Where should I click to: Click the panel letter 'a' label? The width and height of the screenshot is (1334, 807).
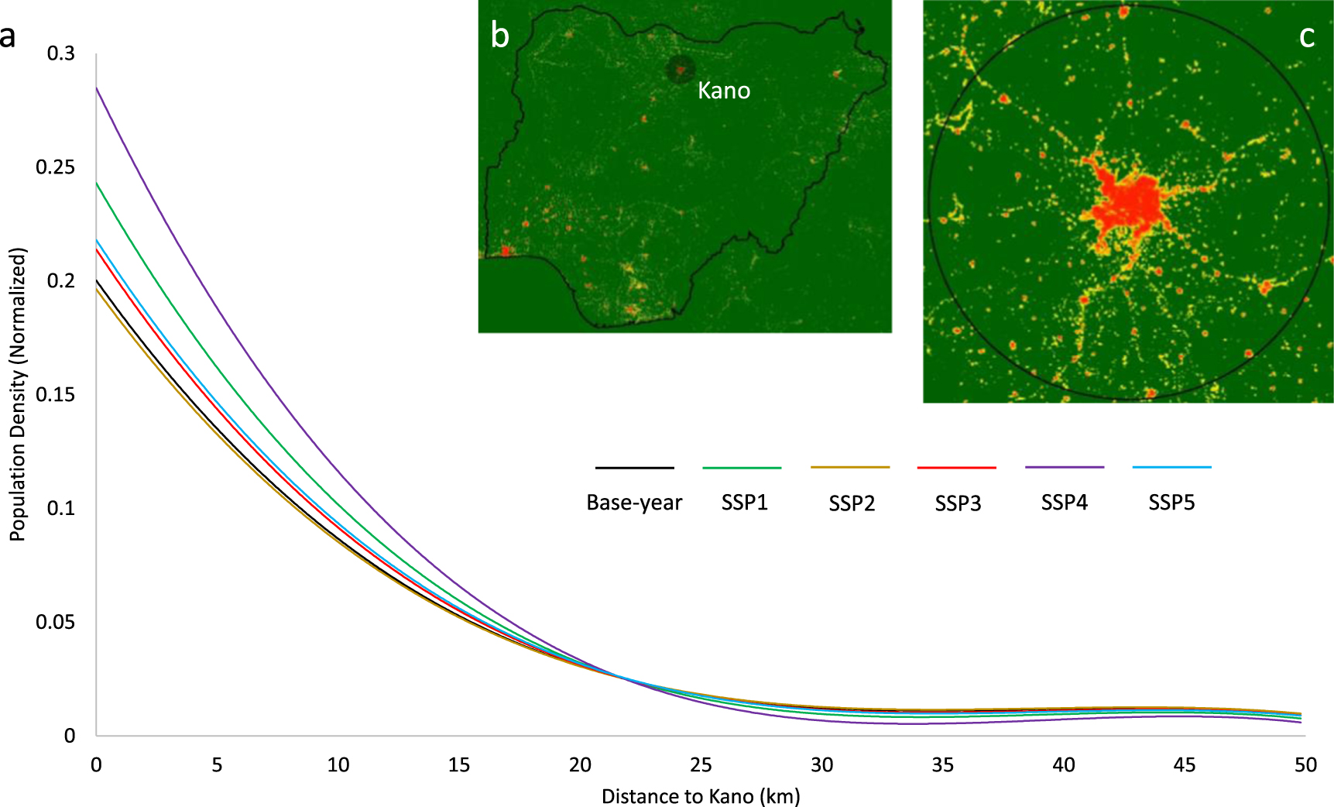(8, 36)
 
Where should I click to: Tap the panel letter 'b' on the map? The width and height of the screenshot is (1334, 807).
(500, 36)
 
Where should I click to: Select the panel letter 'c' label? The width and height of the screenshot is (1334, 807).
(1306, 36)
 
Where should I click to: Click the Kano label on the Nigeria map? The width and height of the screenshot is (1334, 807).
(723, 91)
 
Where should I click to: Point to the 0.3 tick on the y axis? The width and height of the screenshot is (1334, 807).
(61, 53)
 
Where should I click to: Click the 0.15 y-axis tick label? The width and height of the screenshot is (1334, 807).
(56, 395)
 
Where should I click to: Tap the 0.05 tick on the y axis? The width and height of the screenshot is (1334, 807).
(56, 622)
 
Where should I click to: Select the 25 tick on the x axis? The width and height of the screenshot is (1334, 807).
(701, 765)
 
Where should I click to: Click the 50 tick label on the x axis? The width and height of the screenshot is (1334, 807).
(1305, 765)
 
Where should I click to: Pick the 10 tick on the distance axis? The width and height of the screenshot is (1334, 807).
(338, 765)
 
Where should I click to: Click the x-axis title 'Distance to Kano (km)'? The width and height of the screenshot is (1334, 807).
(701, 796)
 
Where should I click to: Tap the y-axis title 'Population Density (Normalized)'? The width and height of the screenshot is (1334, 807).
(18, 394)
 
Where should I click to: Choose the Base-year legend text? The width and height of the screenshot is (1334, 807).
(634, 503)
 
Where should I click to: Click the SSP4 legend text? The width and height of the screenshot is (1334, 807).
(1064, 503)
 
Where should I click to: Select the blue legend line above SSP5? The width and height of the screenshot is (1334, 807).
(1171, 467)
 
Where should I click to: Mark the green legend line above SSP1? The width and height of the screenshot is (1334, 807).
(742, 468)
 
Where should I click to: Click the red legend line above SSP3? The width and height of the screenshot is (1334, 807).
(956, 468)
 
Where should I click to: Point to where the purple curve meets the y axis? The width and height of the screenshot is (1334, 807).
(97, 88)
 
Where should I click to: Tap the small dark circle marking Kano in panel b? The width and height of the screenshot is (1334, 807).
(680, 70)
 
